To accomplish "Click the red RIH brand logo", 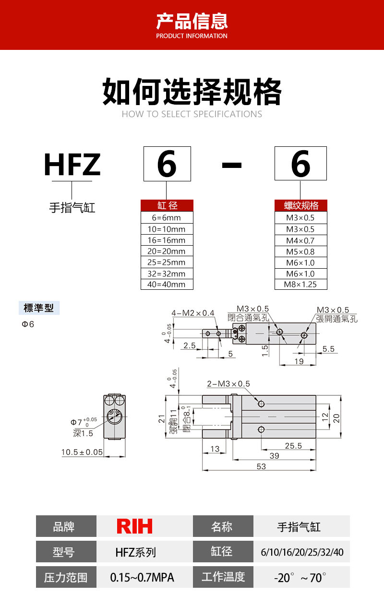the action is tap(134, 526).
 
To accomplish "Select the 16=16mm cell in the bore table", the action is tap(167, 240).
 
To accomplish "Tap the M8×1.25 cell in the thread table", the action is tap(300, 285).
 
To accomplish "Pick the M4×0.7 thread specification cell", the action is tap(300, 240).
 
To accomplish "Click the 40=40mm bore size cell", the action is tap(167, 285).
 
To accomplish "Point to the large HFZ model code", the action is tap(72, 164).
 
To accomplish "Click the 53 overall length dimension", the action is tap(261, 466).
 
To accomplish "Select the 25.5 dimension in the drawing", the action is tap(293, 446).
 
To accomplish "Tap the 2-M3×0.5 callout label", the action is tap(228, 384).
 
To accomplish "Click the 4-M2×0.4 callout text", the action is tap(192, 313).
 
